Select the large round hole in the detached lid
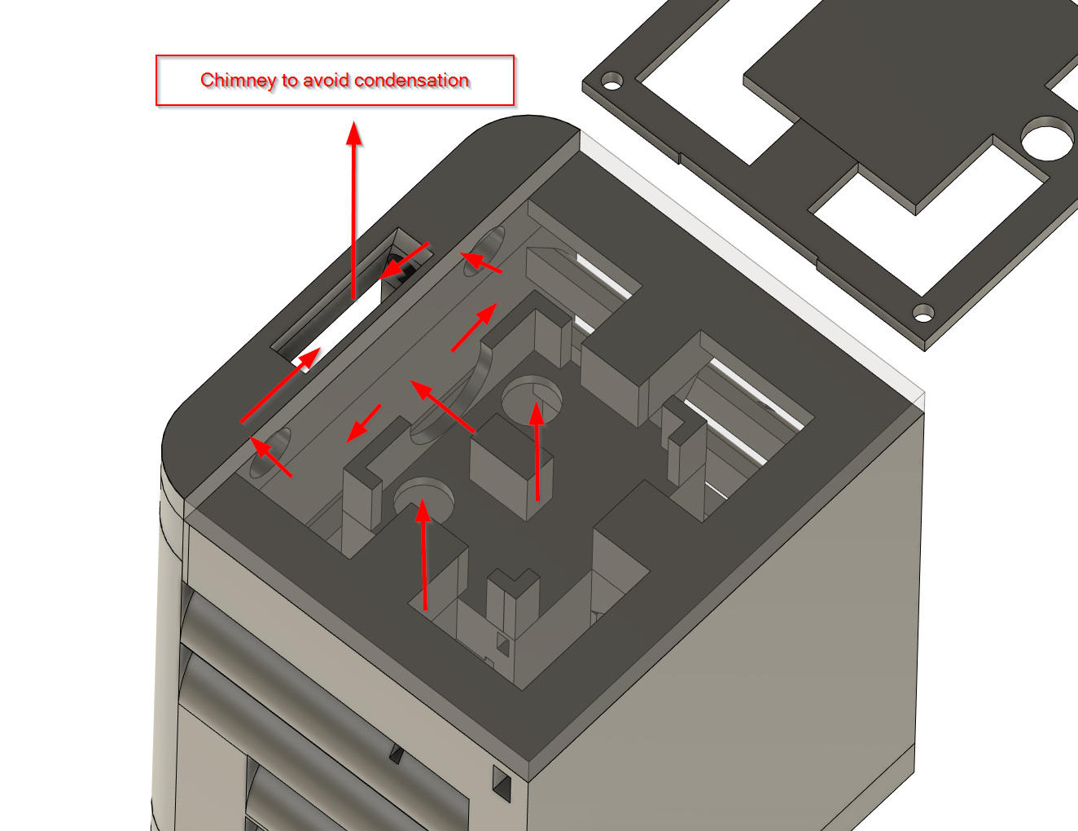click(x=1047, y=138)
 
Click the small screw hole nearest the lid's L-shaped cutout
click(x=611, y=81)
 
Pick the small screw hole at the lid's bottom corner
click(x=922, y=312)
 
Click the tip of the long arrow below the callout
click(x=354, y=126)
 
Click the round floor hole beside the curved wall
click(x=532, y=397)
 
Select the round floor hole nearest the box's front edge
click(x=423, y=496)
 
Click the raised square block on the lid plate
click(x=904, y=106)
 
